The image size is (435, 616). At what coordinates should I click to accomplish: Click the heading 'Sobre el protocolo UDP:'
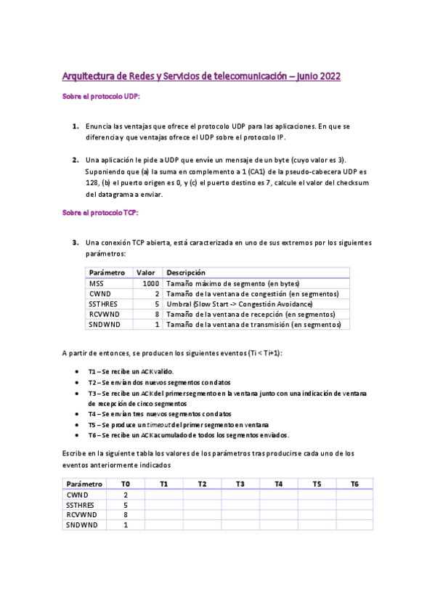[101, 96]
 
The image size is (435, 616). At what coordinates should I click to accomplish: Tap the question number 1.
[75, 126]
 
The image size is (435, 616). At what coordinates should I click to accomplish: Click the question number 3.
[75, 242]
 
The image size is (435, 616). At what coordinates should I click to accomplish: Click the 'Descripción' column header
[186, 272]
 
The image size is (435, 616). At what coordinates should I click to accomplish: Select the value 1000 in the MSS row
[150, 283]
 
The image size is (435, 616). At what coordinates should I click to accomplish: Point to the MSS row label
[97, 283]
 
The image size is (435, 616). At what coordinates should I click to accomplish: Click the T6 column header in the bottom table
[354, 484]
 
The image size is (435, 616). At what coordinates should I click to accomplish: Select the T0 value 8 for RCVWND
[126, 514]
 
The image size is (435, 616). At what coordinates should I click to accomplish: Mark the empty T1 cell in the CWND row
[163, 495]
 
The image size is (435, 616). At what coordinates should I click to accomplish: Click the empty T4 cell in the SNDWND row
[278, 524]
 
